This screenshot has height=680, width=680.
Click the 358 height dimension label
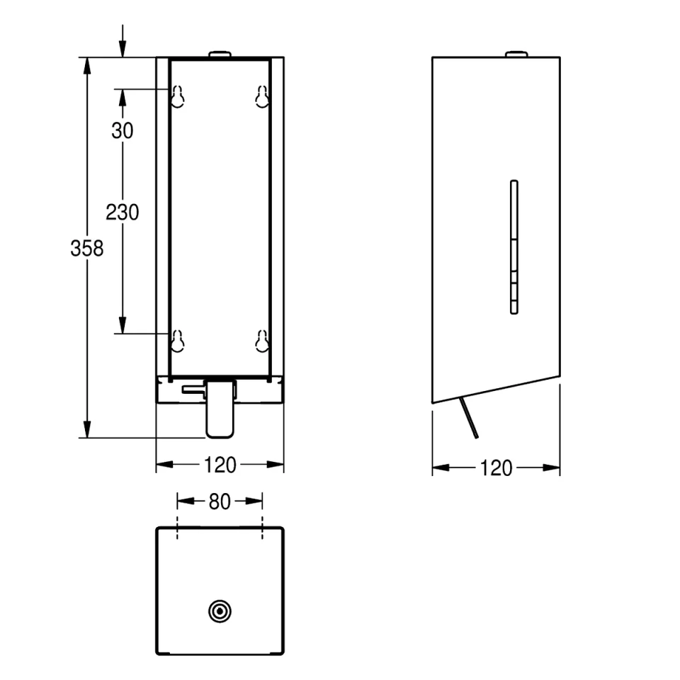(x=87, y=249)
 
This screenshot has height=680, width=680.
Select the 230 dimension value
(x=123, y=211)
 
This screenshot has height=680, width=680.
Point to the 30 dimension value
(x=123, y=130)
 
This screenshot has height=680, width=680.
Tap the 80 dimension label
(x=220, y=501)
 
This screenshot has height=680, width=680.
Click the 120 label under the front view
(x=220, y=465)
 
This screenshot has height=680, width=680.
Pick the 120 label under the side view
(x=496, y=468)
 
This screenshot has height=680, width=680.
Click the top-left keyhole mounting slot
(x=177, y=97)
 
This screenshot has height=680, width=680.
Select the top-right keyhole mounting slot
(x=262, y=97)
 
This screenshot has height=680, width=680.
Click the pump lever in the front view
(x=219, y=409)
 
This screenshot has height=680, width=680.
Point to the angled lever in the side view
(x=469, y=419)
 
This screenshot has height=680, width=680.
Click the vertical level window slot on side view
(x=514, y=246)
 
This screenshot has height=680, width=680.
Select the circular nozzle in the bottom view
(x=220, y=611)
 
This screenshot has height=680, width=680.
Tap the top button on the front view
(x=220, y=54)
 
